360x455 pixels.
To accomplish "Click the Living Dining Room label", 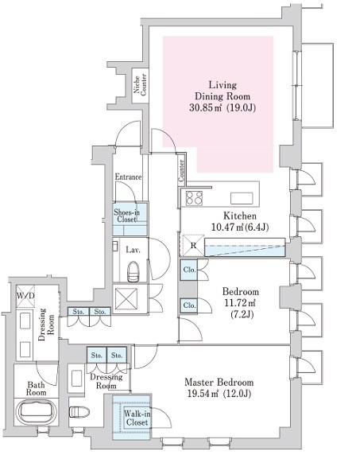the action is click(223, 96).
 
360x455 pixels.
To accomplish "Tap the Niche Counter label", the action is click(140, 85).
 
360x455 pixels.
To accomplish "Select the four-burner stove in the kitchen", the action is click(194, 198).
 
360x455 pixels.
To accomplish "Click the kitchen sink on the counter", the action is click(242, 199).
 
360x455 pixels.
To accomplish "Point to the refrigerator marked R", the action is click(192, 246).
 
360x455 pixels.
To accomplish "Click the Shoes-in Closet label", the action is click(126, 216).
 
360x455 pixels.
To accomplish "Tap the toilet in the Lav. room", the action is click(133, 271).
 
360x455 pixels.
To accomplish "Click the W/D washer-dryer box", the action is click(25, 296).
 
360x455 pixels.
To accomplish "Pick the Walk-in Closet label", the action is click(137, 418).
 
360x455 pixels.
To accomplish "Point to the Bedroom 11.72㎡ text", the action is click(240, 302).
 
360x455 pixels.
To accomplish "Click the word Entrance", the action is click(128, 177).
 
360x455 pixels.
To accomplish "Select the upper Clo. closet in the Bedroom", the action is click(189, 270).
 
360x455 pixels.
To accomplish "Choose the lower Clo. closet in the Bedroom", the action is click(189, 305).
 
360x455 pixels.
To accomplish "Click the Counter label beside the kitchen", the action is click(181, 170).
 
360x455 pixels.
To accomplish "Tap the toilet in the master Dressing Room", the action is click(79, 411).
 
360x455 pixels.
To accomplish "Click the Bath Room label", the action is click(37, 389).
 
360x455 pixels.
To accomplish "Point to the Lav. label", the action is click(133, 250).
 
